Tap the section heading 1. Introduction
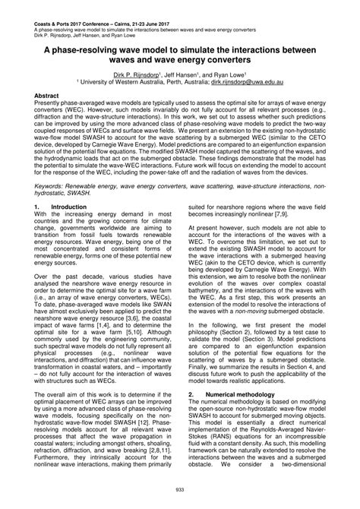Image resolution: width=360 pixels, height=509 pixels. tap(46, 205)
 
